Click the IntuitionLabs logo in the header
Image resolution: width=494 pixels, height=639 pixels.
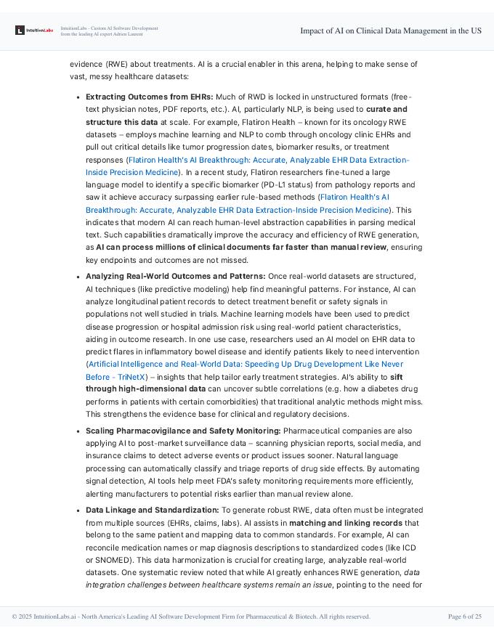[34, 30]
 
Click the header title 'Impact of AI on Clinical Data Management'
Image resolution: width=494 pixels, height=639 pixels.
[391, 30]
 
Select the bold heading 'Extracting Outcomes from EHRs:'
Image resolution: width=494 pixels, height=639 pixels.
[150, 97]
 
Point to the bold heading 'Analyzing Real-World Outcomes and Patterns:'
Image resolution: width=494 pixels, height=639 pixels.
[175, 276]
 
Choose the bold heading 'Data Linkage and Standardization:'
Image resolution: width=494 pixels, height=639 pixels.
[152, 510]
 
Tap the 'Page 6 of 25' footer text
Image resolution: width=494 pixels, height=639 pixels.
[465, 616]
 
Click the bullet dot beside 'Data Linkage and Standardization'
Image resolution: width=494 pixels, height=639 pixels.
[78, 510]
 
